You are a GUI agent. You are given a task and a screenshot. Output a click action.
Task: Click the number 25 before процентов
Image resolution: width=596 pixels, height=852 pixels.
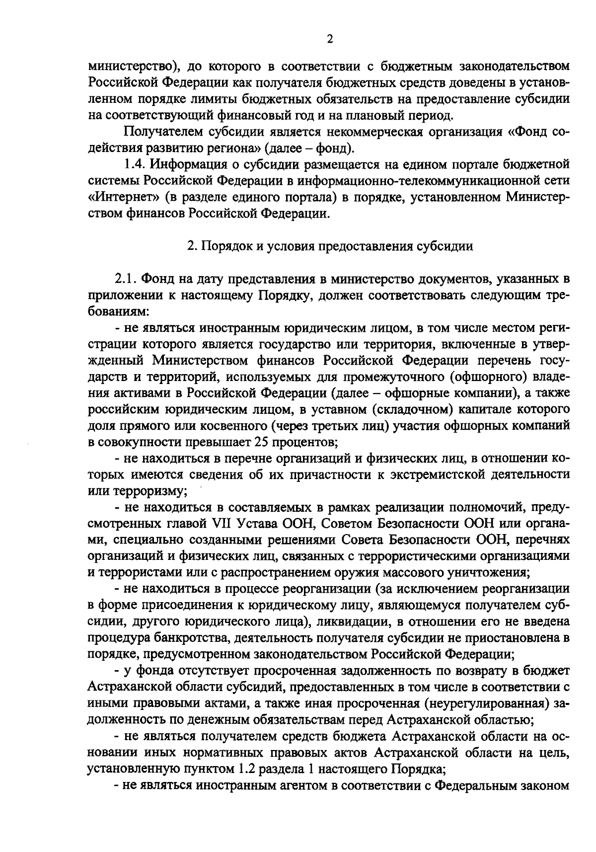pos(261,441)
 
